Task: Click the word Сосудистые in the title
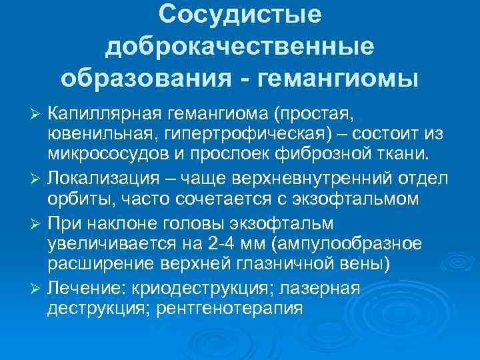pos(240,15)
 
